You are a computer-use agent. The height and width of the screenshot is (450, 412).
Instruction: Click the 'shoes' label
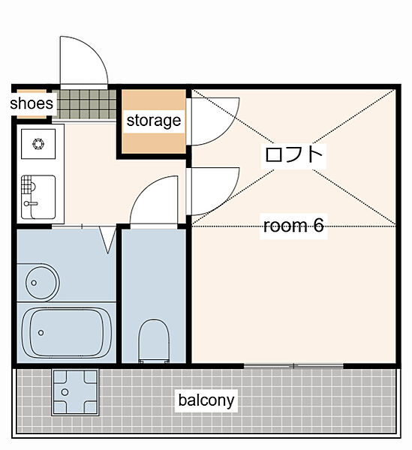point(32,103)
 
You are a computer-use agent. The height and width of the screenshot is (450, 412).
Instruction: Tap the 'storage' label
point(154,121)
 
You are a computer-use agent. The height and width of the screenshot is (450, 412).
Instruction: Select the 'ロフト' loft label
point(293,154)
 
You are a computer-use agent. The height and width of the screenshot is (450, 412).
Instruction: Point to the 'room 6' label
point(293,226)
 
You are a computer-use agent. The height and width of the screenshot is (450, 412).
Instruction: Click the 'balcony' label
point(206,400)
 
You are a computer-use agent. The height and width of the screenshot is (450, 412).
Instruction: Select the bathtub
point(66,332)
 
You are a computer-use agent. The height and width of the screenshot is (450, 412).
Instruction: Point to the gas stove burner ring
point(38,144)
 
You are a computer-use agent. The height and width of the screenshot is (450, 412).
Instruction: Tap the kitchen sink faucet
point(31,203)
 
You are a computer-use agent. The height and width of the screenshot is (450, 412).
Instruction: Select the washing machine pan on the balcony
point(75,392)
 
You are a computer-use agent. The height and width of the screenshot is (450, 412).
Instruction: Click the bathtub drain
point(41,332)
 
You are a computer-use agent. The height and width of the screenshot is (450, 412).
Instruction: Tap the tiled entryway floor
point(84,104)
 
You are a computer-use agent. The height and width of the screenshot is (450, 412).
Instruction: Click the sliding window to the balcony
point(293,366)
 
